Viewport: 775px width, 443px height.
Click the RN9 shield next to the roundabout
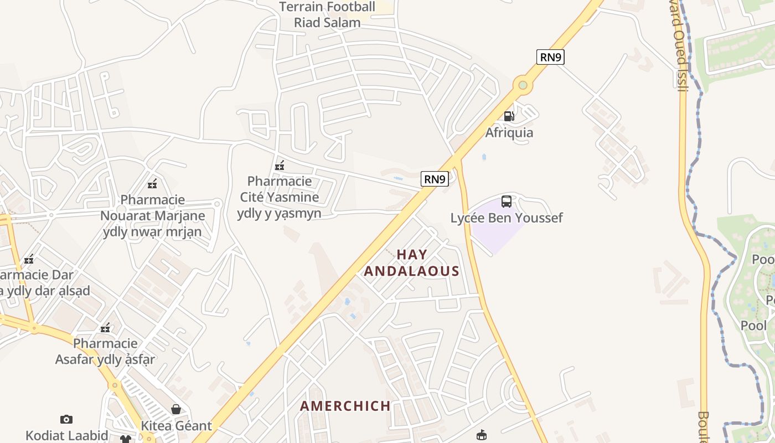(550, 57)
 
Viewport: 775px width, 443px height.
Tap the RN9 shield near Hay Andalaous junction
(435, 179)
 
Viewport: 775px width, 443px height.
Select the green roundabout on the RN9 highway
(522, 85)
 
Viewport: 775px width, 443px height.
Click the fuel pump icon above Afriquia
(509, 116)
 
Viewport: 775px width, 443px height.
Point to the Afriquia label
(509, 133)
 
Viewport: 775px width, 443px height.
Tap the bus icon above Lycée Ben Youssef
(506, 202)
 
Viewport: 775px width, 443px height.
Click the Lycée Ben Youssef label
(506, 218)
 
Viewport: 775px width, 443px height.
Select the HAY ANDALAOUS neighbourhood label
(412, 263)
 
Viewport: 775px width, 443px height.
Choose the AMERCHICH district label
(345, 406)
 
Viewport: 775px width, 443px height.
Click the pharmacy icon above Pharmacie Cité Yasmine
(280, 165)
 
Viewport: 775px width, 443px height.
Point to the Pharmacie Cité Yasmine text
(280, 197)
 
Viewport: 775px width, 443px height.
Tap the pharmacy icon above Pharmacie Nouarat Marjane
(152, 183)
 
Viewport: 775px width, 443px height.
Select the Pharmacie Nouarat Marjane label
(153, 215)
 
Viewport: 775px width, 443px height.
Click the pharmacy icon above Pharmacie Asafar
(105, 328)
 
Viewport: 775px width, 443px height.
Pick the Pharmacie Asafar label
(105, 351)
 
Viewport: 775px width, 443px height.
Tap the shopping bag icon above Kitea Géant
(176, 409)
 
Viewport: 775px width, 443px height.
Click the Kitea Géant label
(176, 426)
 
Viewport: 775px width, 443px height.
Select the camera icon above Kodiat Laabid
(66, 419)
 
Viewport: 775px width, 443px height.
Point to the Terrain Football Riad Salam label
(327, 15)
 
